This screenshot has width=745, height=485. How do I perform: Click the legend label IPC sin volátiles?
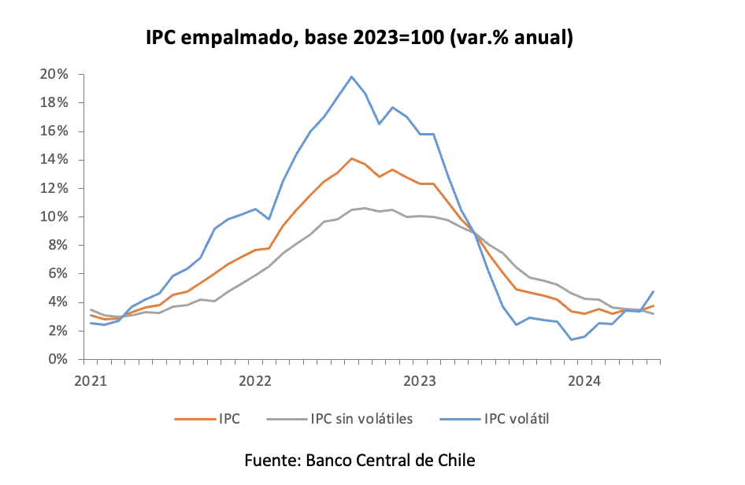361,419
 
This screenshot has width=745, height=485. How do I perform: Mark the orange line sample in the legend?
192,419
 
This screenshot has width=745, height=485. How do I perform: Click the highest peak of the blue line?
351,76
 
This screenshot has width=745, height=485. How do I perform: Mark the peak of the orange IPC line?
351,158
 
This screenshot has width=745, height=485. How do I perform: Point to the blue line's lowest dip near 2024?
571,339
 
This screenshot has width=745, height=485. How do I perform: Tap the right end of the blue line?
653,291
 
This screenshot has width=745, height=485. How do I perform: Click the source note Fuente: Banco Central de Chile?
360,460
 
